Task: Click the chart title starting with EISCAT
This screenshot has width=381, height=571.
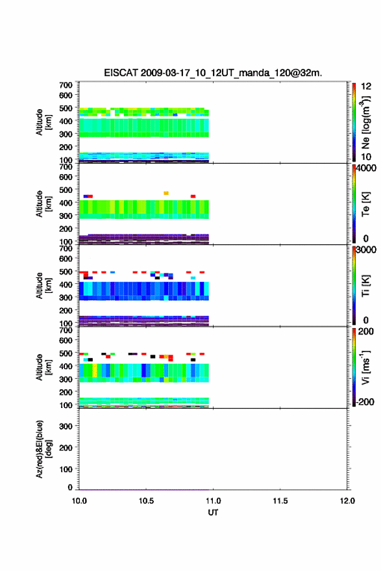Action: (213, 73)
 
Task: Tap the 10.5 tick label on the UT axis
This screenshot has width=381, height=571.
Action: (146, 501)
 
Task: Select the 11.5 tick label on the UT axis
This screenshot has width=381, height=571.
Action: (280, 501)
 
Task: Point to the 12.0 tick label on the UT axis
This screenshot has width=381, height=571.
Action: (347, 501)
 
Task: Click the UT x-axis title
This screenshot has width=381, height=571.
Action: (213, 513)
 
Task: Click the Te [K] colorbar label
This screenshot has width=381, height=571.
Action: (365, 204)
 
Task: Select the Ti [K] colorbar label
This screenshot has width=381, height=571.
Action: (365, 286)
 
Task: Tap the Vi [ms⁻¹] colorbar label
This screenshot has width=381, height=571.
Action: (365, 368)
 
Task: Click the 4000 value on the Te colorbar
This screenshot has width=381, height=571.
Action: (365, 168)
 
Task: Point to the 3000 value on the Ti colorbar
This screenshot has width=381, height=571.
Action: (365, 250)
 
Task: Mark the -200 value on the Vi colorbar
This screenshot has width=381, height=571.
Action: (365, 401)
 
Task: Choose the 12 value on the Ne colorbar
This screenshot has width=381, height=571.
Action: (366, 86)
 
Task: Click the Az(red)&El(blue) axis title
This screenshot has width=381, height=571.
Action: (43, 449)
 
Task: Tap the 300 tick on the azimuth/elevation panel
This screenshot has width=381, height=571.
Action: (66, 426)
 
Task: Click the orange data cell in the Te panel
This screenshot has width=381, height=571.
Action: (166, 193)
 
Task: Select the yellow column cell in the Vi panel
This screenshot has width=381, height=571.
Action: (95, 370)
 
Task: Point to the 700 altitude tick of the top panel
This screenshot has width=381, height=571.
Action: (66, 85)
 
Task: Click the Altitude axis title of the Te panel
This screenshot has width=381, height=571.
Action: (43, 204)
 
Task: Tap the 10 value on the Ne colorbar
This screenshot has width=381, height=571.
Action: (366, 157)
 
